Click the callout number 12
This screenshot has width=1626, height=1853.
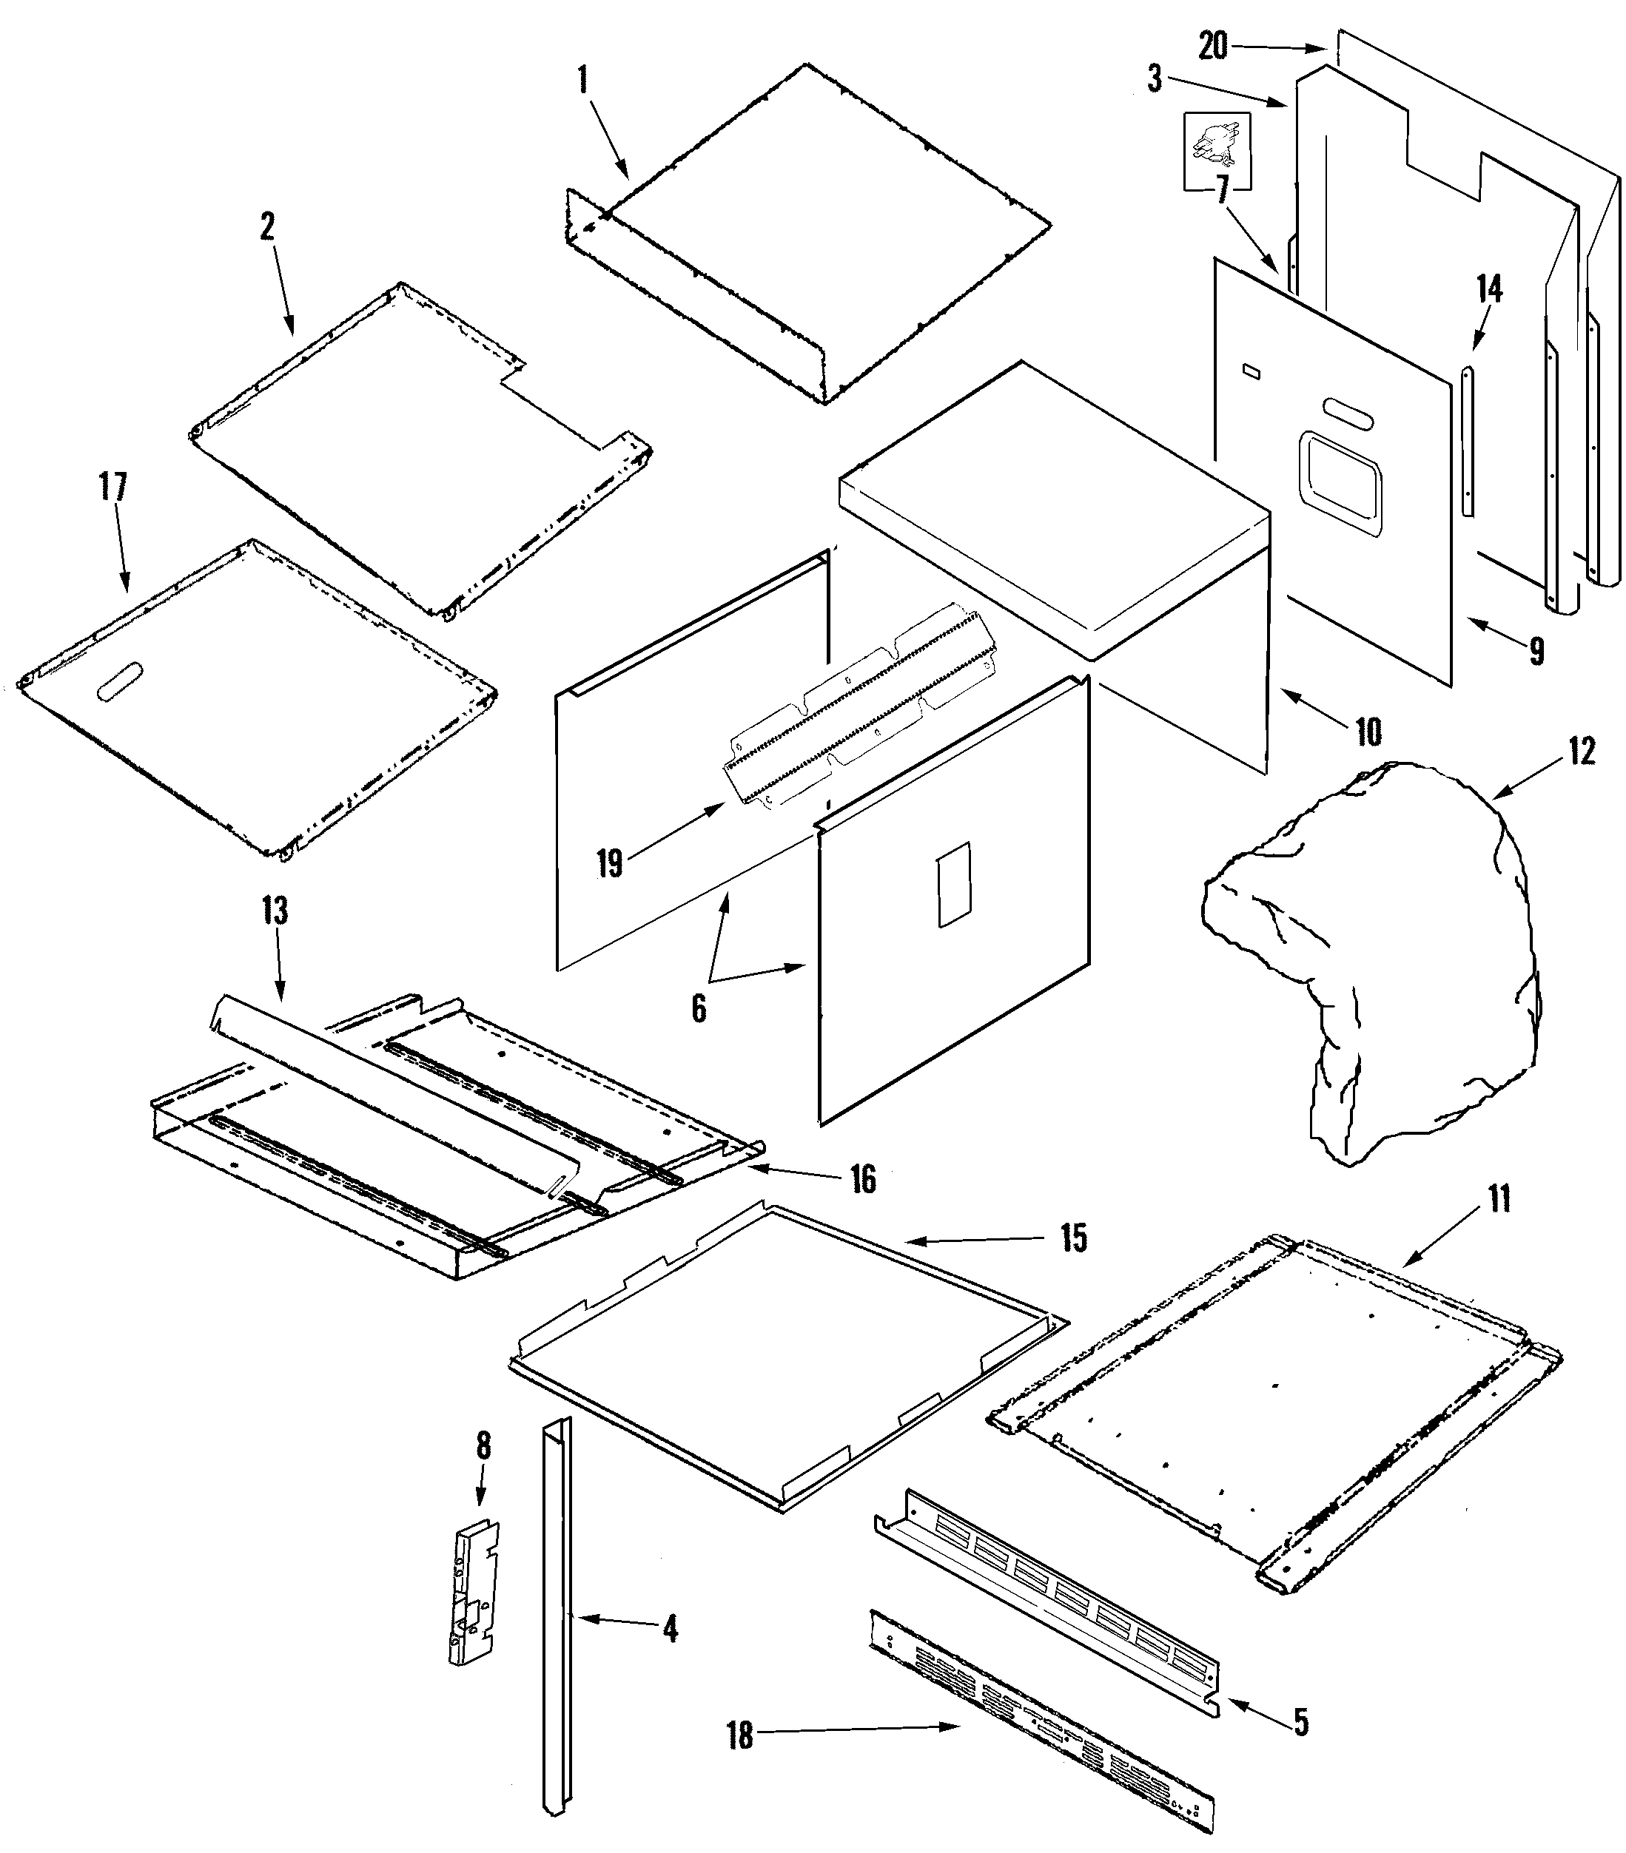[1581, 752]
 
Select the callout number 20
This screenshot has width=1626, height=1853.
[1212, 45]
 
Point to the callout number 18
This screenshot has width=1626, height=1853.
[740, 1736]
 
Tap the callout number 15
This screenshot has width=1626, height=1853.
[1074, 1238]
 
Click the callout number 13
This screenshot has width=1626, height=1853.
[275, 910]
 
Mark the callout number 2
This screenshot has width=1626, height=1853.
[266, 226]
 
